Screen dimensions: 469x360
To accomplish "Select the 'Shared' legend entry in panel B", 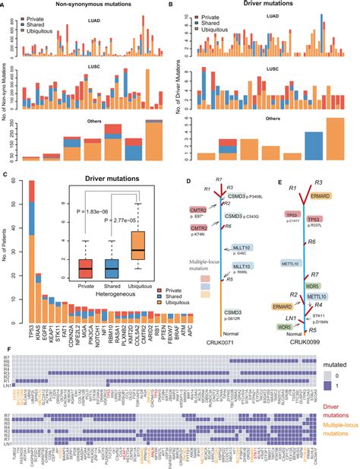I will click(x=207, y=24).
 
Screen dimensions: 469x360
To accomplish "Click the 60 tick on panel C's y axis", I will click(x=18, y=183).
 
